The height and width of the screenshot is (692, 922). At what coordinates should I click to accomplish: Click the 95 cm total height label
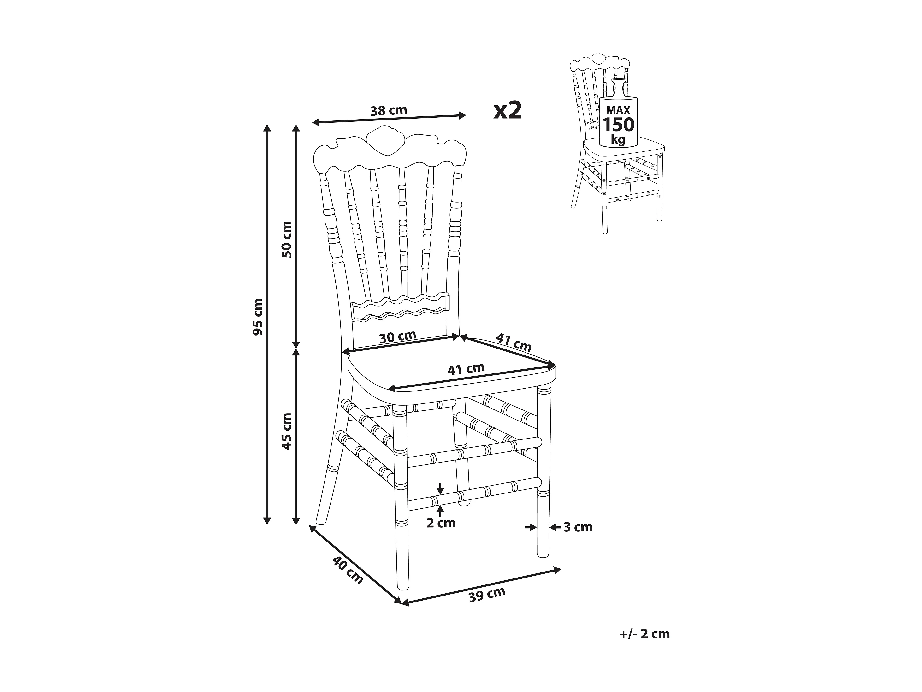258,317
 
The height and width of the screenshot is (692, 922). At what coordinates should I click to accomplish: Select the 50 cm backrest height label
287,239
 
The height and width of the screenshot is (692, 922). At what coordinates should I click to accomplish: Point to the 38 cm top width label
389,111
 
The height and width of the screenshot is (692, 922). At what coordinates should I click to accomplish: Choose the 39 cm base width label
487,594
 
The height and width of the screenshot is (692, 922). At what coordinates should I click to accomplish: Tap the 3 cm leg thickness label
578,527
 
